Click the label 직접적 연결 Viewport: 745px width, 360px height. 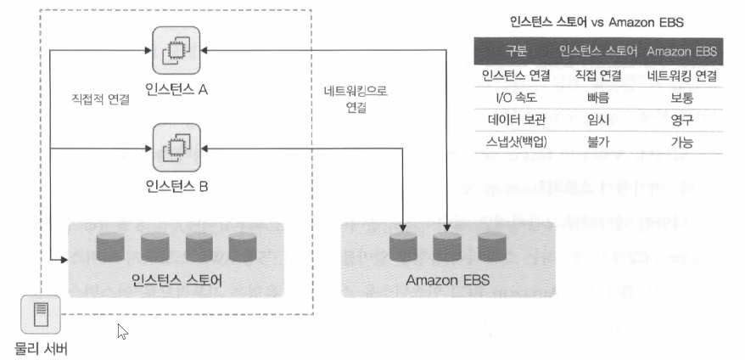101,99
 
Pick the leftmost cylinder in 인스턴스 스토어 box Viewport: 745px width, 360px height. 110,247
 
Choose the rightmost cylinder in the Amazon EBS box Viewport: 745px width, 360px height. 491,247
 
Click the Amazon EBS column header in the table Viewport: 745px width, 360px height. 682,52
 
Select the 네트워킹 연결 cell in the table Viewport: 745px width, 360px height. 682,76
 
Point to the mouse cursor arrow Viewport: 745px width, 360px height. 122,331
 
